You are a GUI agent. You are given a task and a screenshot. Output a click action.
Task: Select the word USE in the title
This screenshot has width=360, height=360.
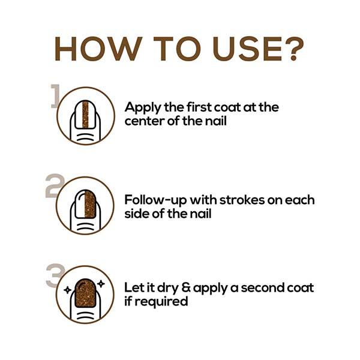coord(247,49)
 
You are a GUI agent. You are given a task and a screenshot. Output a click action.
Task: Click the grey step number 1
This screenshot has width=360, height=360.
coord(55,96)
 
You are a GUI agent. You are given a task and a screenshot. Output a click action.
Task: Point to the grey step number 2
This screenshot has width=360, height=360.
coord(55,185)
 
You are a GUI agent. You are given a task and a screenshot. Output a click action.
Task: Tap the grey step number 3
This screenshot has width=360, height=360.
coord(55,275)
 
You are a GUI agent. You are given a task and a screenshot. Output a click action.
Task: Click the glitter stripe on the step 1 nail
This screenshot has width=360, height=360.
coord(85,115)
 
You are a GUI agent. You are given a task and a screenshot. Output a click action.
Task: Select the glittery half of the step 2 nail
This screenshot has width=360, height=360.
coord(90,204)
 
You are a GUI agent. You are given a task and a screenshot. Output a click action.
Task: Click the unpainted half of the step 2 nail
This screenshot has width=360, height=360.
coord(80,204)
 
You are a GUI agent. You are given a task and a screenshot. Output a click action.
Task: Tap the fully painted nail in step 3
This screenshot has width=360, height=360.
coord(85,293)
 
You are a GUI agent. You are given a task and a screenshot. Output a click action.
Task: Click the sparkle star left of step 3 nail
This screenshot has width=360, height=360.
coord(67,290)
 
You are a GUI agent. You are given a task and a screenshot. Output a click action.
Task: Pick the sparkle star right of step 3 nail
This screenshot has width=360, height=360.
coord(101,284)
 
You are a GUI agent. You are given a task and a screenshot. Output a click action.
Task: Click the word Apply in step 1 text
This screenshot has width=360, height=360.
coord(143,108)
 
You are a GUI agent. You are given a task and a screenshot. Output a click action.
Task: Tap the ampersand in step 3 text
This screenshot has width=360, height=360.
coord(186,288)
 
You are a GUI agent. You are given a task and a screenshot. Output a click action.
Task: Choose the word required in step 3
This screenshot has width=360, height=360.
coord(161,302)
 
